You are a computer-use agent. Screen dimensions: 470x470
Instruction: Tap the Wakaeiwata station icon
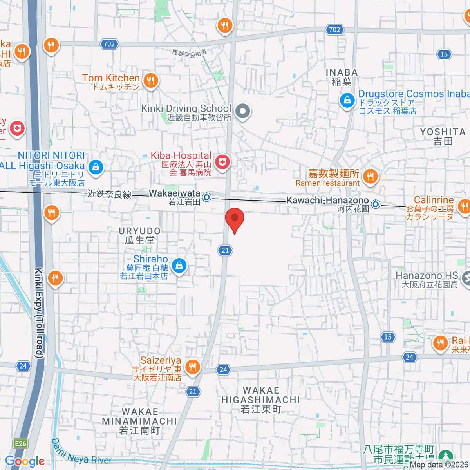[x=207, y=197]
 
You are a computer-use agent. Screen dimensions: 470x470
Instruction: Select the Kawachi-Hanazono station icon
[x=376, y=204]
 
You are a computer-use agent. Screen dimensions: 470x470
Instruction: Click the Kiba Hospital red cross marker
[x=222, y=162]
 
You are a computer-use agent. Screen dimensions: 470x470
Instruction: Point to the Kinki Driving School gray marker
[x=243, y=111]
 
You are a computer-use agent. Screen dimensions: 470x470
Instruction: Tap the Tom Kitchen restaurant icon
[x=151, y=81]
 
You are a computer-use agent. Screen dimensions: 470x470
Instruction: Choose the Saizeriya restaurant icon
[x=192, y=367]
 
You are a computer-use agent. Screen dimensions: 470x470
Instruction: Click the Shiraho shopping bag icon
[x=179, y=266]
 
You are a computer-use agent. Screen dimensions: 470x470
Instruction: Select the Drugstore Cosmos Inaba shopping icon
[x=347, y=101]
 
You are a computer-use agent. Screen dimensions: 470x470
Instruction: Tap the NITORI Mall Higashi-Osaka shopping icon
[x=96, y=168]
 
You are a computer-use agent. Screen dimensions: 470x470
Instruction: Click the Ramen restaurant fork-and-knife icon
[x=370, y=176]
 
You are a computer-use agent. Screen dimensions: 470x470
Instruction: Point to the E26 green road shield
[x=20, y=443]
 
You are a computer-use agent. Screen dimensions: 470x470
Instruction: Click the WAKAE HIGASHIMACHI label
[x=261, y=399]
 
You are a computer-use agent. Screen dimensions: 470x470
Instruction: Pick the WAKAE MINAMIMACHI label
[x=140, y=421]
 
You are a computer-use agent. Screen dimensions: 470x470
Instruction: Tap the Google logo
[x=25, y=461]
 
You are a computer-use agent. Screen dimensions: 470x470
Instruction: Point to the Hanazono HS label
[x=427, y=276]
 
